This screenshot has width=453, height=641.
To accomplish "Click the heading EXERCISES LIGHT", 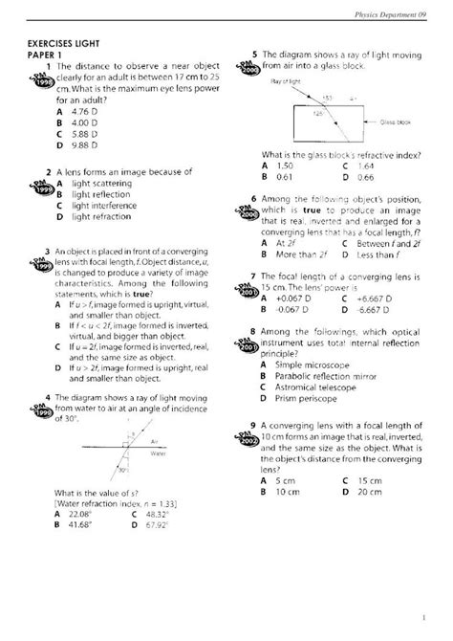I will click(x=69, y=44).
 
